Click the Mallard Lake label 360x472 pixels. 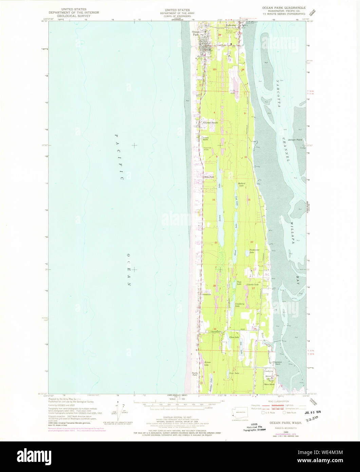click(242, 185)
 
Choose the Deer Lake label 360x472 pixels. click(234, 373)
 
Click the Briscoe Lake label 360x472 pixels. click(207, 364)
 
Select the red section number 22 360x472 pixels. click(252, 242)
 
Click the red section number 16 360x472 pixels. click(214, 200)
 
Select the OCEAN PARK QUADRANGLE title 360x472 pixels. click(284, 7)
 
